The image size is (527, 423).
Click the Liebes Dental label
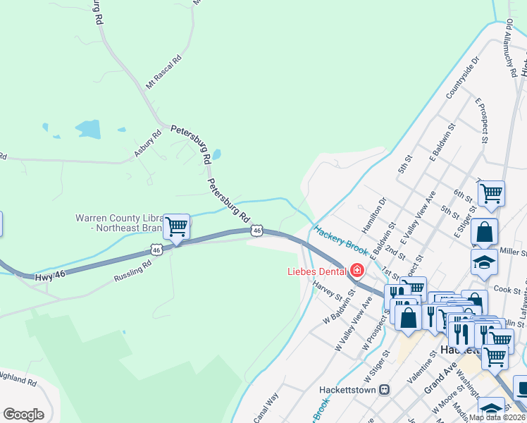[314, 271]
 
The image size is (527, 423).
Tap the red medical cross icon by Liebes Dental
[357, 270]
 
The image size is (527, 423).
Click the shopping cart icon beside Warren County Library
[176, 227]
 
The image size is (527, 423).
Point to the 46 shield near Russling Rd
[156, 250]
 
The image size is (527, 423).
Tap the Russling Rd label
[132, 271]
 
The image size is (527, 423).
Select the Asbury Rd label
[148, 144]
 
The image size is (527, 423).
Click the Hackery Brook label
[342, 240]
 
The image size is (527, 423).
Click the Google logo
[23, 414]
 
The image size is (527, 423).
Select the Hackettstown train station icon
[384, 389]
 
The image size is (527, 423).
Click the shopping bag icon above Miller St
[484, 231]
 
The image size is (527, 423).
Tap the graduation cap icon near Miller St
[484, 262]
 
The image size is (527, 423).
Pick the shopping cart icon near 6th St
[491, 192]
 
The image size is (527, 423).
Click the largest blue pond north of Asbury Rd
[88, 129]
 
